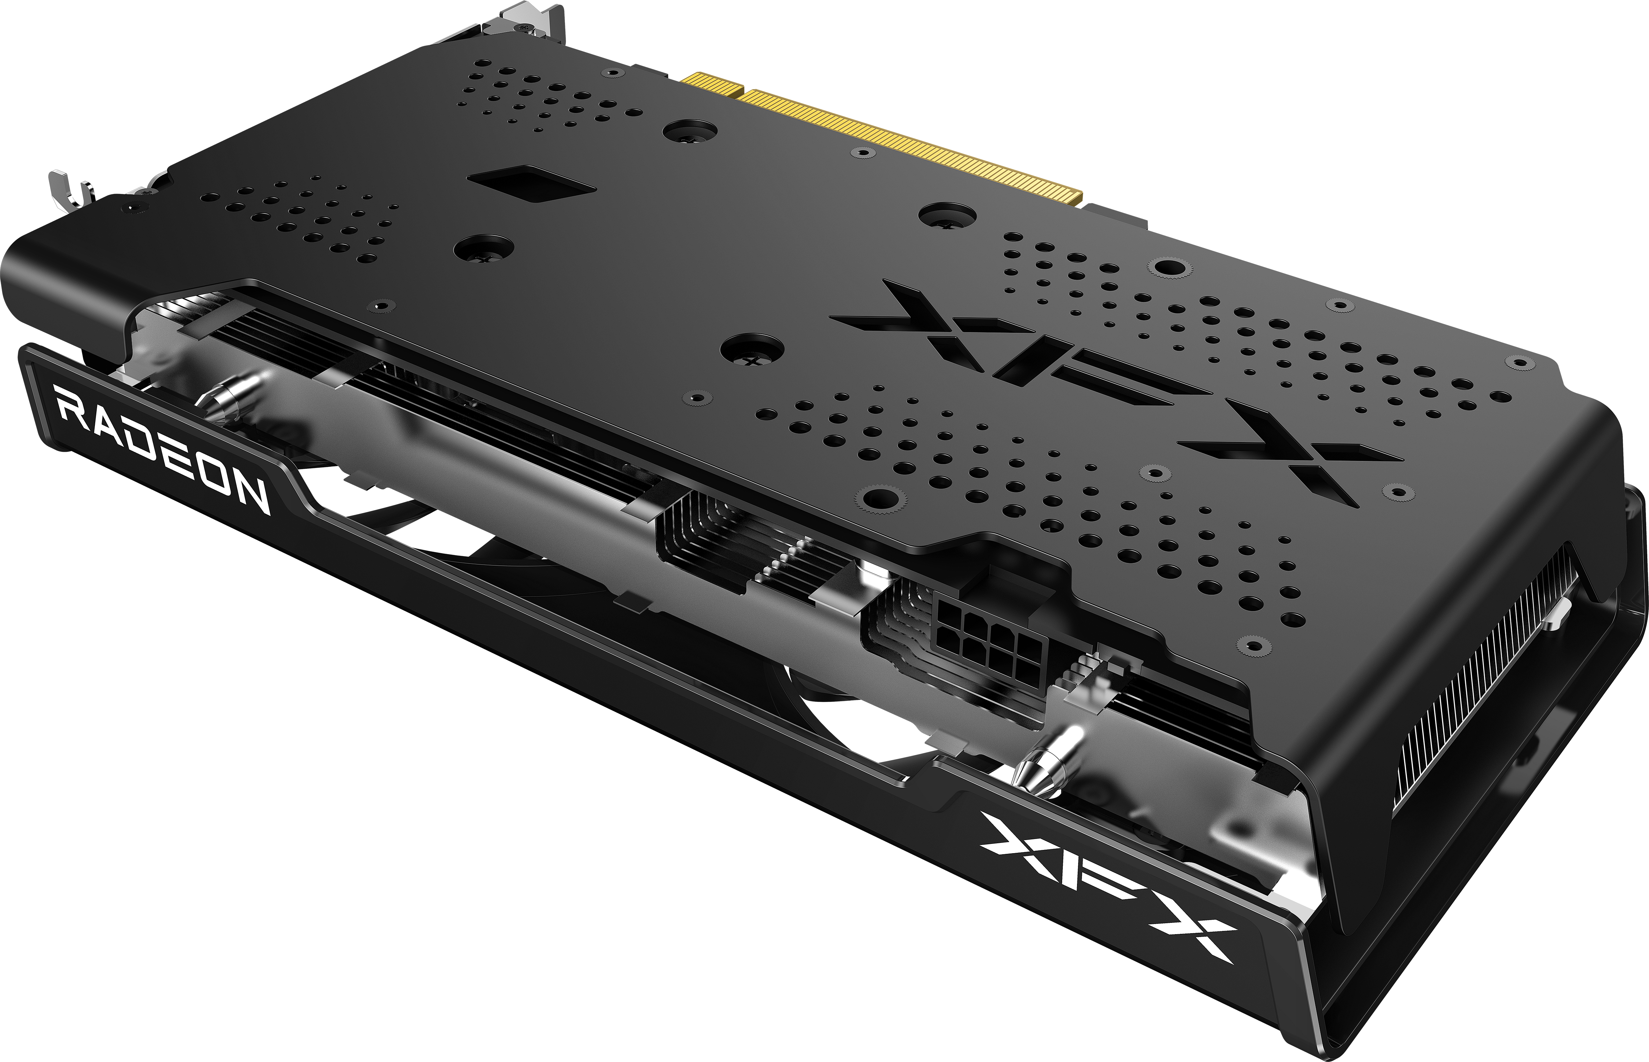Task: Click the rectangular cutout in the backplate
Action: pos(531,183)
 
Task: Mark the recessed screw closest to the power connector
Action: pos(876,498)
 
